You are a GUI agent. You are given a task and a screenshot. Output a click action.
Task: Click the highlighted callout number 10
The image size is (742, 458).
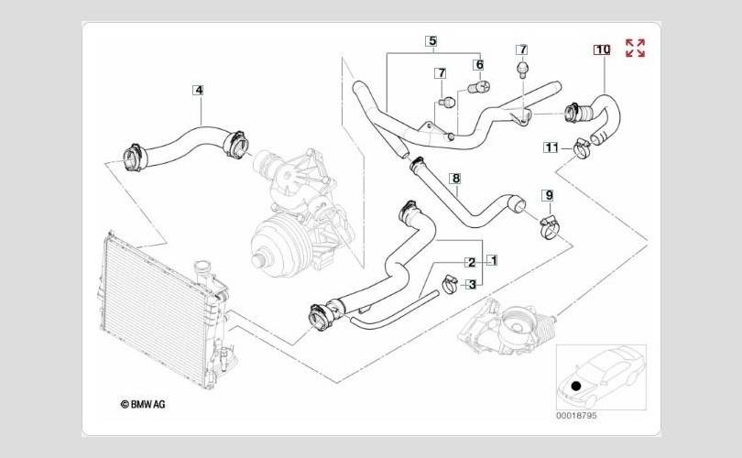(601, 49)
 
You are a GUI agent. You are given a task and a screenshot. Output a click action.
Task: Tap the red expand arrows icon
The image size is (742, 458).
(635, 49)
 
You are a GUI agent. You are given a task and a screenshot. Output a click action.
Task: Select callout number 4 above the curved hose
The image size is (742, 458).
(198, 90)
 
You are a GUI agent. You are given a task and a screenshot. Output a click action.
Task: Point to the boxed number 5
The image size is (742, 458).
(431, 40)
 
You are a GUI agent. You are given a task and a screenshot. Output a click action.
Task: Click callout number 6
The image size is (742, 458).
(478, 65)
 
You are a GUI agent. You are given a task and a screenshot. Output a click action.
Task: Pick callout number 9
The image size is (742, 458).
(548, 195)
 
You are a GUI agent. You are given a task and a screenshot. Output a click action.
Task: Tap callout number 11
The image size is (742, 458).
(551, 147)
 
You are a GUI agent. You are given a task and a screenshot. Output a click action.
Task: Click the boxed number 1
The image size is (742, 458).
(492, 260)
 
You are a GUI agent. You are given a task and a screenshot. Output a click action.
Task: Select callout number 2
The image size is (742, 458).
(471, 262)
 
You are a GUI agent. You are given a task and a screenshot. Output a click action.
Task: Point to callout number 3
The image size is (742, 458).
(471, 284)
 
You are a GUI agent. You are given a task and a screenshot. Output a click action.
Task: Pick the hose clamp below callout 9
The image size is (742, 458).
(550, 223)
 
